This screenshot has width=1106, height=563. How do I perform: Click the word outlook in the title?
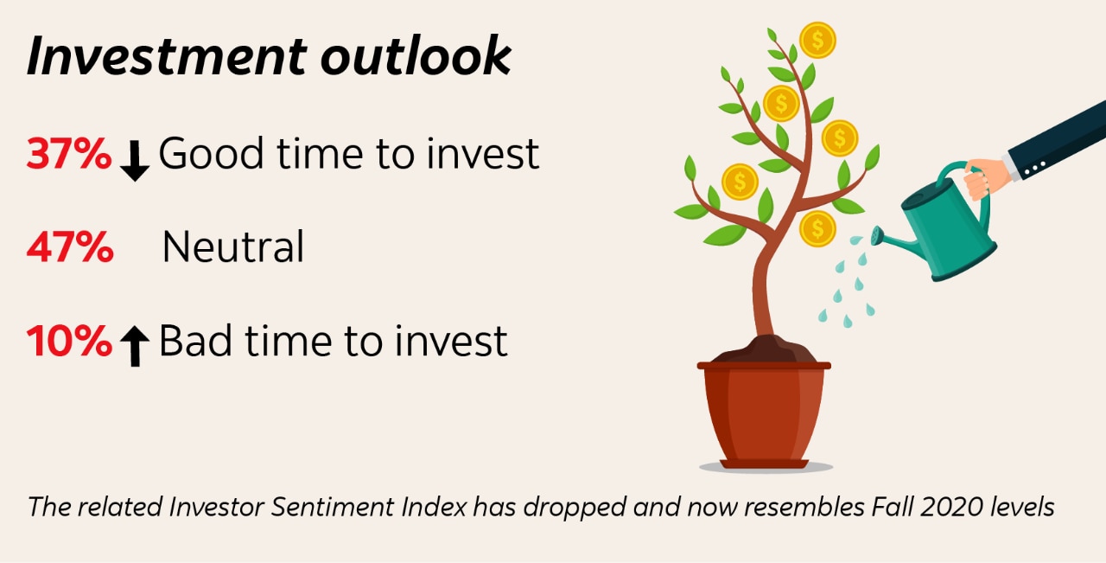(x=416, y=56)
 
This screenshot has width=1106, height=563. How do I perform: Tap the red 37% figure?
(x=69, y=155)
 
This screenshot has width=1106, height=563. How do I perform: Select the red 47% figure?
(x=69, y=248)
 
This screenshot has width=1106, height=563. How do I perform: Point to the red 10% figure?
(x=69, y=342)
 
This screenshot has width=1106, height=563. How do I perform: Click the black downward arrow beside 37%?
(x=135, y=160)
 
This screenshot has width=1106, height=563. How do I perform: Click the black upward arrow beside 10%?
(x=135, y=346)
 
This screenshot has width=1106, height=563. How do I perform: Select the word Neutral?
(x=233, y=248)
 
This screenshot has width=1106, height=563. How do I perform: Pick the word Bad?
(x=200, y=342)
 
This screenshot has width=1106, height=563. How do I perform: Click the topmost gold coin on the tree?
(x=817, y=40)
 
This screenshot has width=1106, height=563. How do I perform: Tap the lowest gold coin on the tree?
(x=817, y=229)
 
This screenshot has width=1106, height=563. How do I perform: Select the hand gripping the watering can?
(x=987, y=177)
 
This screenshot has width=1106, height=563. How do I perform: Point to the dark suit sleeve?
(x=1059, y=140)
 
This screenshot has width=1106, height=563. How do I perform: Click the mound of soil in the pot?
(x=764, y=351)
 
